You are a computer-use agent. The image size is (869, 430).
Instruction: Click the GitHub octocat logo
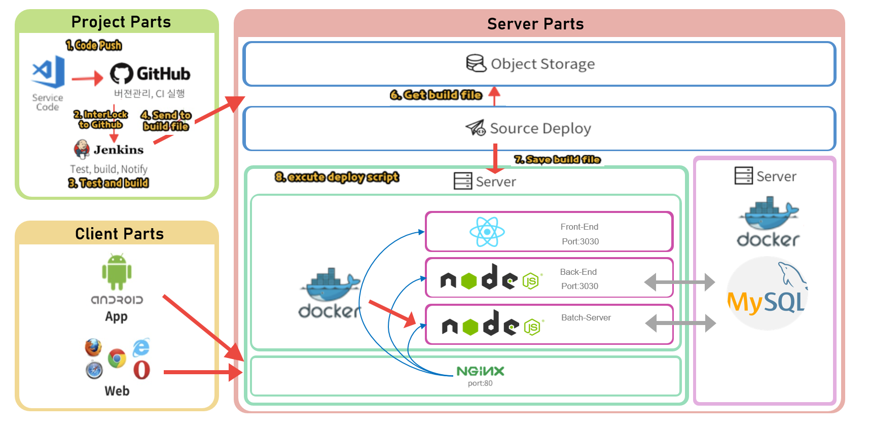tap(122, 74)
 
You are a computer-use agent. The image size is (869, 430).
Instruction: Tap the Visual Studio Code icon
tap(49, 71)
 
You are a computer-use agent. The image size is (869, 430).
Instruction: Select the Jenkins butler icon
tap(82, 149)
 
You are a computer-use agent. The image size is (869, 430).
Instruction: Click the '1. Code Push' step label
tap(94, 45)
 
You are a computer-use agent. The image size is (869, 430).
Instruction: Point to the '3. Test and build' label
tap(108, 183)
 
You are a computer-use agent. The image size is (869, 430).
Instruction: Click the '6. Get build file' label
tap(436, 95)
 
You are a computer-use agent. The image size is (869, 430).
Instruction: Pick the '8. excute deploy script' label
tap(337, 177)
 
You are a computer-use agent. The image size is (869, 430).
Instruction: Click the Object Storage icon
tap(476, 64)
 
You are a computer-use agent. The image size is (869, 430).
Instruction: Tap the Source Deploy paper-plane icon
tap(476, 128)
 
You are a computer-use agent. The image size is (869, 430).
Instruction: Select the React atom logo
tap(487, 232)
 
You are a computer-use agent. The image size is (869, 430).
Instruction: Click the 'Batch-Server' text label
tap(586, 317)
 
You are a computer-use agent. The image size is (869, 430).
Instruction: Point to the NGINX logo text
tap(480, 371)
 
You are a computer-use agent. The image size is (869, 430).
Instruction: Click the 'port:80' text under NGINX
tap(480, 383)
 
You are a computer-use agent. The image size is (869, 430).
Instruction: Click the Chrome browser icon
tap(117, 359)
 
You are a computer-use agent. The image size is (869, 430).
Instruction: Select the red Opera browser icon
tap(141, 370)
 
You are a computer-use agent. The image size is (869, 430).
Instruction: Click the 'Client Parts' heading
tap(120, 234)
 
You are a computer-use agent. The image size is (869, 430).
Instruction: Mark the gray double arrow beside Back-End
tap(679, 282)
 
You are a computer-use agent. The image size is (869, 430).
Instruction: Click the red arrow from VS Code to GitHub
tap(87, 78)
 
